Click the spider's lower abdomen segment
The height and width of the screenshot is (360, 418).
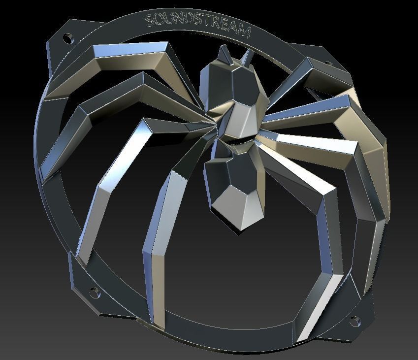[231, 190]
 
